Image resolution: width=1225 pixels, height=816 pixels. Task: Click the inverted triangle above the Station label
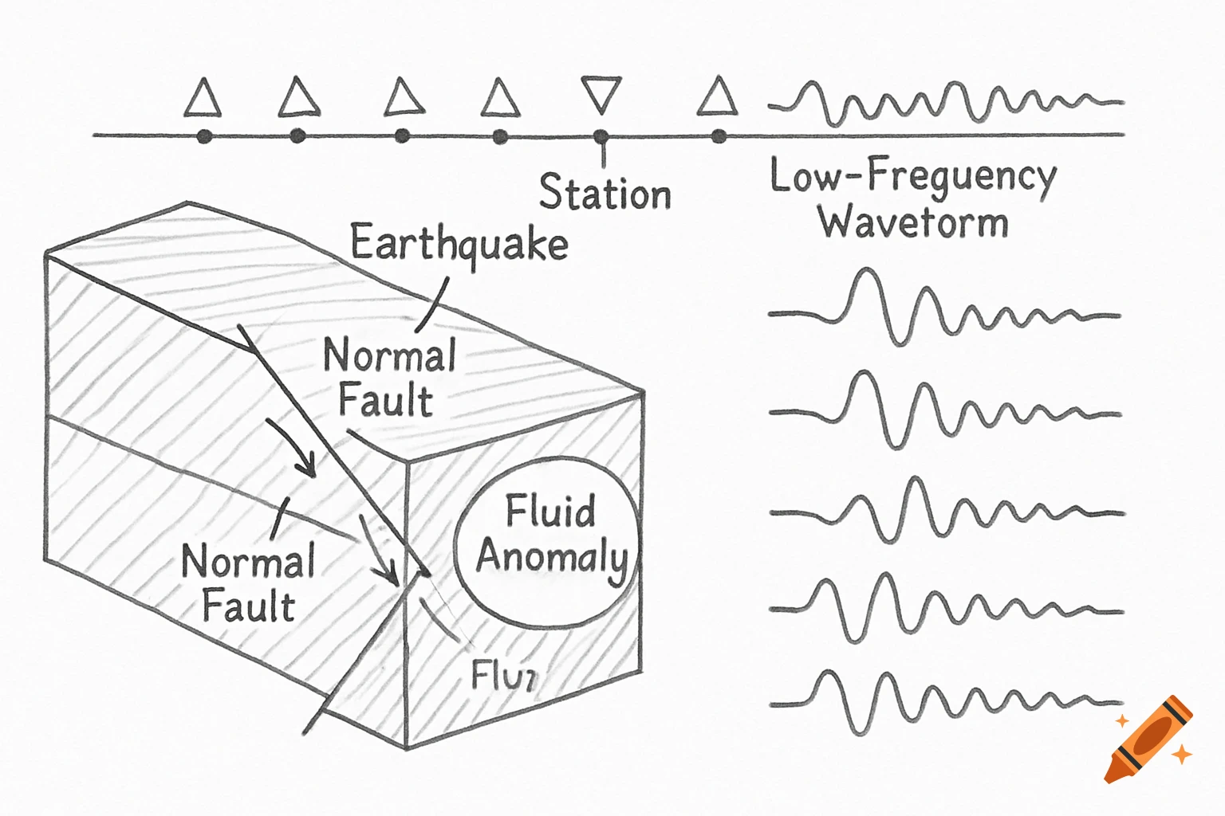[x=601, y=93]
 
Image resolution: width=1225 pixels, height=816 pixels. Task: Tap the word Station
[x=605, y=193]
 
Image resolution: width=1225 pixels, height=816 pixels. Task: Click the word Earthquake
[x=459, y=244]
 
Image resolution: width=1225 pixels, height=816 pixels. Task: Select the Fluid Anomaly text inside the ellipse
[x=550, y=535]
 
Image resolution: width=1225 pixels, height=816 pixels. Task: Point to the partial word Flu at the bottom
[x=503, y=676]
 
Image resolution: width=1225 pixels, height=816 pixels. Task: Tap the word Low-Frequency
[x=912, y=177]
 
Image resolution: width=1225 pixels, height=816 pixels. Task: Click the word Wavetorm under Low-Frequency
[x=913, y=222]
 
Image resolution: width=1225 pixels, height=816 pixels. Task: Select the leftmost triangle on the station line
[x=203, y=100]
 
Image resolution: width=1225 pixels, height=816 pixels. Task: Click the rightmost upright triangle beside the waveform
[x=717, y=98]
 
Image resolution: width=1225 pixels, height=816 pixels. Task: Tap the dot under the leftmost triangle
[x=204, y=136]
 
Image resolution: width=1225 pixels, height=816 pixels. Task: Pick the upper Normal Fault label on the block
[x=388, y=377]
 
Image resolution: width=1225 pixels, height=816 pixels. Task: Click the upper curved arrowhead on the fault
[x=308, y=466]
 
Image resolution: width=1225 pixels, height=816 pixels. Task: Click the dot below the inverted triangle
[x=601, y=137]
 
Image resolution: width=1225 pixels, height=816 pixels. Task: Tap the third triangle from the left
[x=404, y=99]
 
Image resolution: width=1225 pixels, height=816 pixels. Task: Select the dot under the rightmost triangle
[x=719, y=136]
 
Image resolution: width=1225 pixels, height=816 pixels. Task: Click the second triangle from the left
[x=299, y=99]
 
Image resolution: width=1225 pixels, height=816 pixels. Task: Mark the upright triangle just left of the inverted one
[x=500, y=100]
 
